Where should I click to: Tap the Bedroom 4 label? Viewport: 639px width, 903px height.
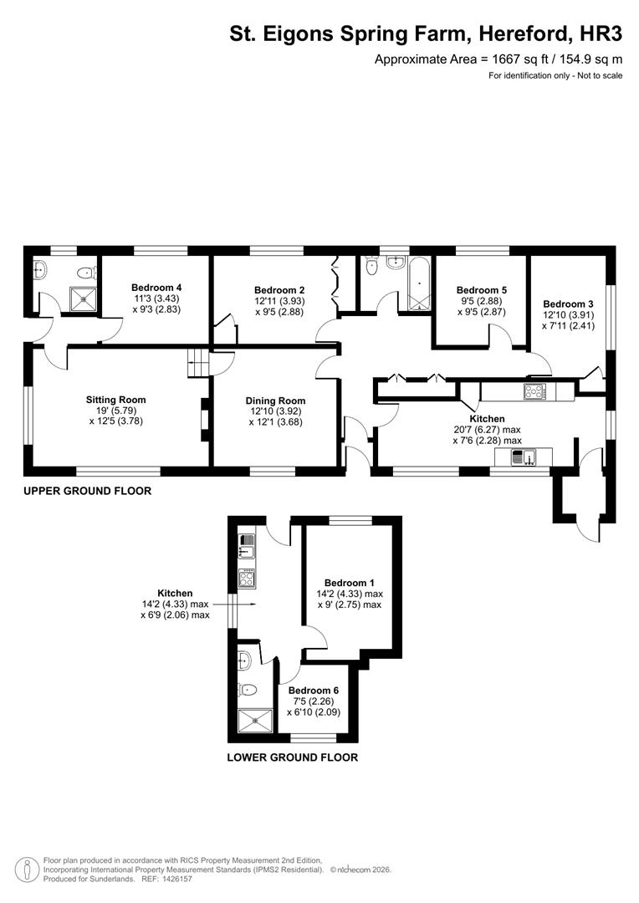(156, 287)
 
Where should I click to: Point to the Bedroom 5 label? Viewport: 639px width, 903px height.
(481, 289)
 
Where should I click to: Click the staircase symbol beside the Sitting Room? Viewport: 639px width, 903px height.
(196, 364)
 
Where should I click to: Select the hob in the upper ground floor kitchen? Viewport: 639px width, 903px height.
(534, 390)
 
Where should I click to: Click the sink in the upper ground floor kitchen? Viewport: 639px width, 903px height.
(524, 457)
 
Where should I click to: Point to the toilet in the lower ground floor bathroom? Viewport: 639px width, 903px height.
(246, 691)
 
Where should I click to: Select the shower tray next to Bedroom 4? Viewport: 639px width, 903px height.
(82, 298)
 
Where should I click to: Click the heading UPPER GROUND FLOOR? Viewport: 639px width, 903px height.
(88, 492)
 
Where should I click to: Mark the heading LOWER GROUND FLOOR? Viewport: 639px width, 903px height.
(293, 758)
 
